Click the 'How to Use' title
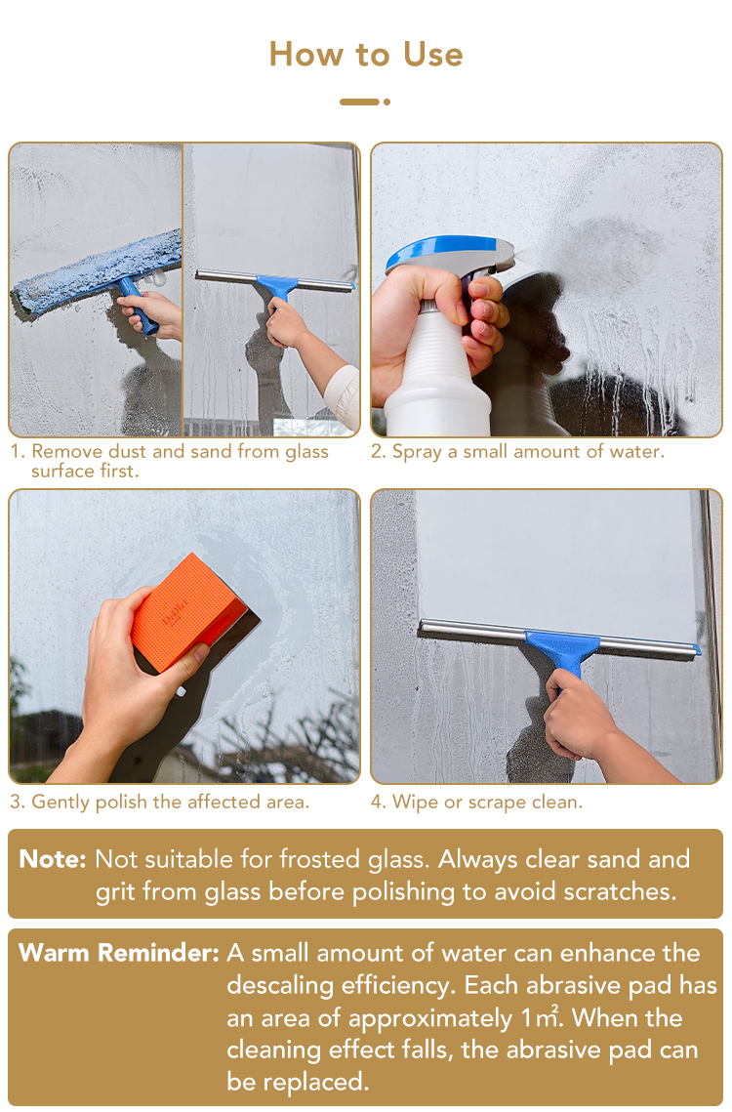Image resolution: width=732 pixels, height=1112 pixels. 366,55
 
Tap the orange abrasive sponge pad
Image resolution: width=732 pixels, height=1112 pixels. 188,612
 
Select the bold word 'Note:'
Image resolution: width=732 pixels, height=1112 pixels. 53,859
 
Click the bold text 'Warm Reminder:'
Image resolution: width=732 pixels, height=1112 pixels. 119,953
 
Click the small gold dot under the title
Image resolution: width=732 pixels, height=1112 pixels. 386,103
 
